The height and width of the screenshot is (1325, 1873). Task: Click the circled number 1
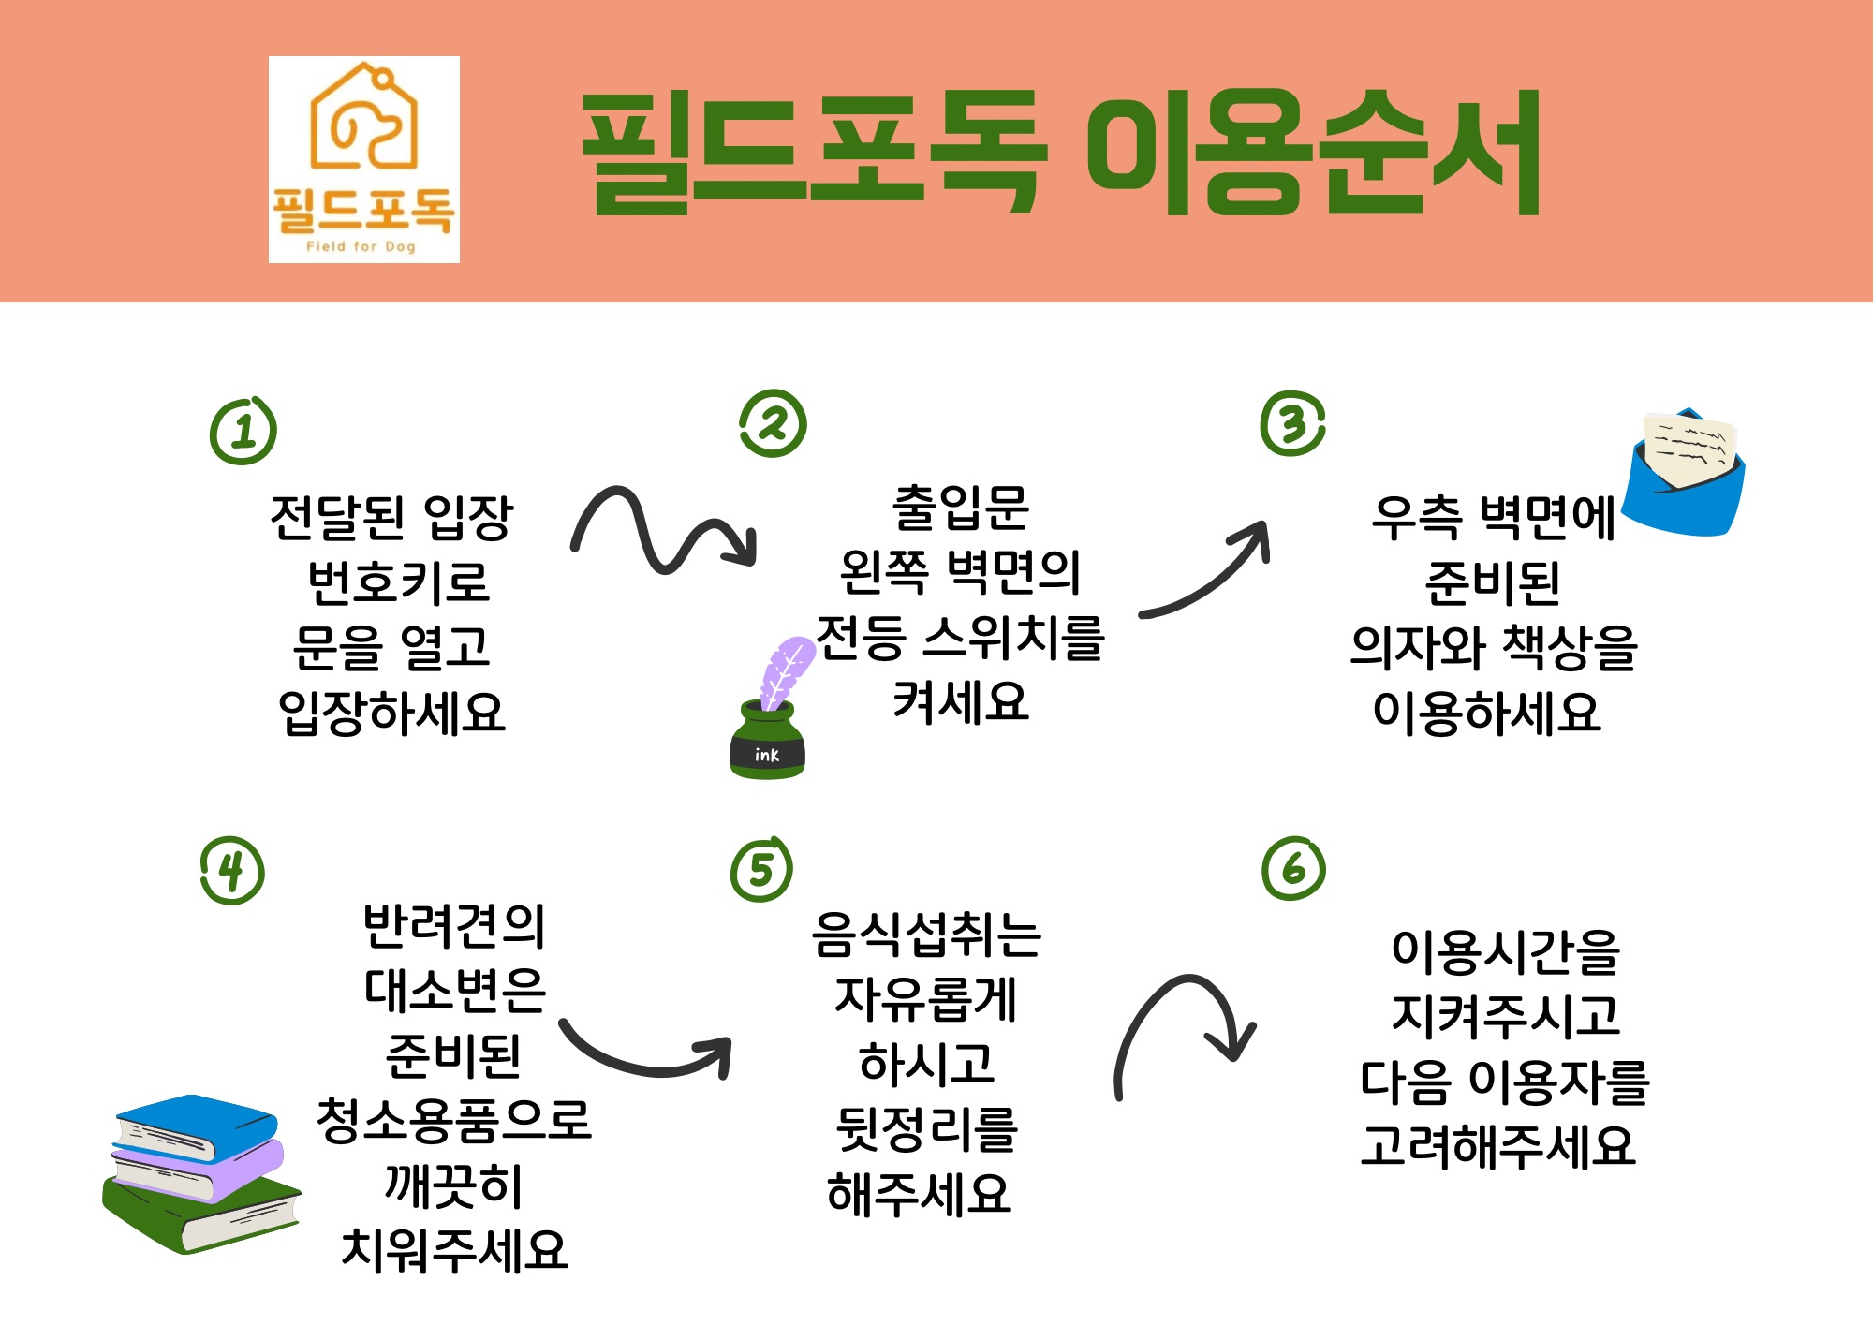coord(243,431)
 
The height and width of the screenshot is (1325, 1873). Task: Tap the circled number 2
coord(774,423)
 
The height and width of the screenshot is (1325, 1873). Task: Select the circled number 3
coord(1293,423)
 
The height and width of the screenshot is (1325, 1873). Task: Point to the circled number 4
coord(232,870)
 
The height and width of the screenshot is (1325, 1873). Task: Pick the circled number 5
coord(761,869)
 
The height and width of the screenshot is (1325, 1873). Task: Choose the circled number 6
coord(1294,868)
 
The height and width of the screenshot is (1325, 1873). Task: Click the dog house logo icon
coord(363,116)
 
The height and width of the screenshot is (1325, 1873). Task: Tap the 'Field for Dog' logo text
coord(361,246)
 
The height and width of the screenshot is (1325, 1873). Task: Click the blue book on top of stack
coord(196,1128)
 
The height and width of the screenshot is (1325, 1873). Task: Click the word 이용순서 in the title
coord(1313,153)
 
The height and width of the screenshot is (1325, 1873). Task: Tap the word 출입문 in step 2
coord(961,508)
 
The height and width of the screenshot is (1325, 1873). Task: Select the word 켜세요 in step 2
coord(961,702)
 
